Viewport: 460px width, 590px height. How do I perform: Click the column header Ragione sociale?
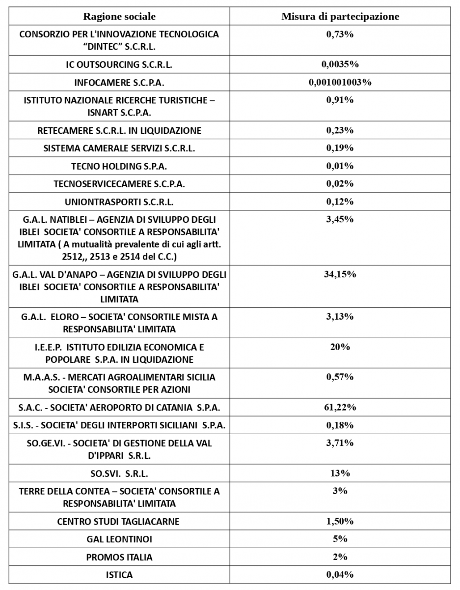(119, 17)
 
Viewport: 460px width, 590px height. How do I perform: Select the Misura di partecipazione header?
(340, 17)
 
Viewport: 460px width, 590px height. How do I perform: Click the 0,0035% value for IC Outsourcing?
(340, 64)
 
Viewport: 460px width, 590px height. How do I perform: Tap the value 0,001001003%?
(340, 82)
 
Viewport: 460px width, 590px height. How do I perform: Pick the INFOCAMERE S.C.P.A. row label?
(119, 83)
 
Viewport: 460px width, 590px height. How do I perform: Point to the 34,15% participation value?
(340, 274)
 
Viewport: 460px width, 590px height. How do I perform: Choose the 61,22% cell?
(340, 407)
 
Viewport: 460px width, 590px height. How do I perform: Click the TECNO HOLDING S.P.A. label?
(119, 166)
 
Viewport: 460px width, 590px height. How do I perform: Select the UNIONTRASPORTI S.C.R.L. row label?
(119, 202)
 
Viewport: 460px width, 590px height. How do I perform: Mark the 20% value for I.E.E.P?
(340, 347)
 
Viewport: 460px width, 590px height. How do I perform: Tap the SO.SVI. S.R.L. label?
(119, 474)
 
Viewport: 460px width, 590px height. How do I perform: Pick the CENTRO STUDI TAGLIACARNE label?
(119, 522)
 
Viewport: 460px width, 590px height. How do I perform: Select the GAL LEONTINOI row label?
(119, 539)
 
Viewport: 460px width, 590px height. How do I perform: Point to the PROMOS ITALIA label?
(119, 557)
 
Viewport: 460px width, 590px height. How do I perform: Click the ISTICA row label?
(119, 575)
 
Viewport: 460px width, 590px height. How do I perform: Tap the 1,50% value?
(340, 521)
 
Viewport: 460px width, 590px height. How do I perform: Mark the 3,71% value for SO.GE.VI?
(340, 443)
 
